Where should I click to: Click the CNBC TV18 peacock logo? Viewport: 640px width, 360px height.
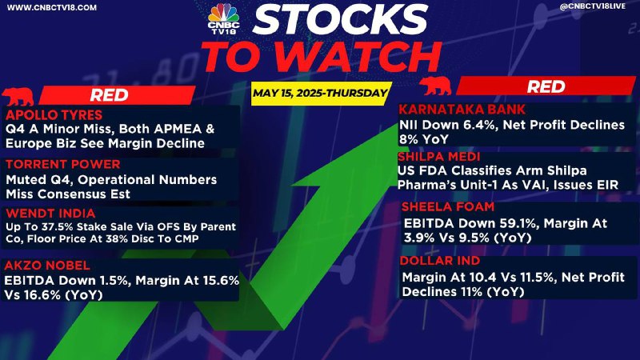pyautogui.click(x=223, y=18)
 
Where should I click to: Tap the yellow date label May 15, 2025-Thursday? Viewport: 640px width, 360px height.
pyautogui.click(x=320, y=94)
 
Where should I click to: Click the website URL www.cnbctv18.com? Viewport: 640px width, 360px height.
pyautogui.click(x=52, y=8)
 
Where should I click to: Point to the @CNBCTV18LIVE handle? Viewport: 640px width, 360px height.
pyautogui.click(x=592, y=6)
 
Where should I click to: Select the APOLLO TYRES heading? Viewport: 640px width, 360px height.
pyautogui.click(x=54, y=114)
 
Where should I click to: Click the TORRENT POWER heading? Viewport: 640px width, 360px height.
pyautogui.click(x=63, y=164)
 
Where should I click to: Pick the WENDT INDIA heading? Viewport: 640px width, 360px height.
pyautogui.click(x=50, y=213)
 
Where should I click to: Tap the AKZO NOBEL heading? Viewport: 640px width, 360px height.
pyautogui.click(x=47, y=266)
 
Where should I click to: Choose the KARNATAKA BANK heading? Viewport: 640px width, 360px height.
pyautogui.click(x=462, y=110)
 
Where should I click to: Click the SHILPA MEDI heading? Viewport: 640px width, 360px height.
pyautogui.click(x=438, y=157)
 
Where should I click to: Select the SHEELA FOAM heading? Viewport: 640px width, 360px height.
pyautogui.click(x=448, y=206)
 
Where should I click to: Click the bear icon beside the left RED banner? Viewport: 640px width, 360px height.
pyautogui.click(x=18, y=96)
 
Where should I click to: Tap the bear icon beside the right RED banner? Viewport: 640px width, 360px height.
pyautogui.click(x=435, y=86)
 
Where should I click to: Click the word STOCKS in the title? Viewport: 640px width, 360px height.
pyautogui.click(x=340, y=19)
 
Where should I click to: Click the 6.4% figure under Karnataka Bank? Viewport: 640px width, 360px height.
pyautogui.click(x=480, y=125)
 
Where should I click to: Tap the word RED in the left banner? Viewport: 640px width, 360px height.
pyautogui.click(x=110, y=95)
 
